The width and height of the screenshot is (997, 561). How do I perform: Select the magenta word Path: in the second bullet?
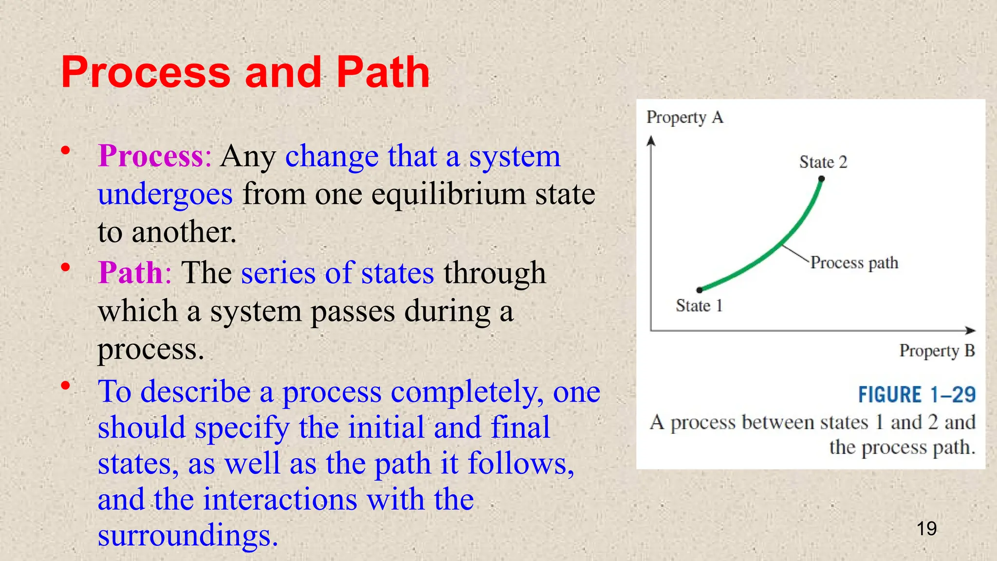(135, 273)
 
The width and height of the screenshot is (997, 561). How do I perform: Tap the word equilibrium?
(448, 194)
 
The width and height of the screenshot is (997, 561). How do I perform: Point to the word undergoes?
(165, 194)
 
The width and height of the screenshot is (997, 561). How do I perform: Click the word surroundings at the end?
(187, 536)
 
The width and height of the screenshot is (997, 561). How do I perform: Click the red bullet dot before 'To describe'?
(65, 386)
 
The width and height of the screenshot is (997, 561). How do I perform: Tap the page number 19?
(926, 528)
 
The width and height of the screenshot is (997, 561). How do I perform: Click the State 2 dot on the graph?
(822, 179)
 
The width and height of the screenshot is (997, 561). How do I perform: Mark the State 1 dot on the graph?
(700, 290)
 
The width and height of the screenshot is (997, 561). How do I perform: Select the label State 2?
(823, 162)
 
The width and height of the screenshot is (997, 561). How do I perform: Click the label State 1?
(699, 306)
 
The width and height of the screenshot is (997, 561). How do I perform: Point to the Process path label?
(854, 263)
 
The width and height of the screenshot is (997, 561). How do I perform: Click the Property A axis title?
(684, 117)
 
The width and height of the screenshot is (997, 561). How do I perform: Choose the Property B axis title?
(937, 351)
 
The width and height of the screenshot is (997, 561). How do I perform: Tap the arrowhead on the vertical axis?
(651, 141)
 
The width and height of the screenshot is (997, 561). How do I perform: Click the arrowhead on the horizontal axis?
(970, 331)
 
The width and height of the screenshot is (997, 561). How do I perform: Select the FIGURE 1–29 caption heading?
(917, 394)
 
